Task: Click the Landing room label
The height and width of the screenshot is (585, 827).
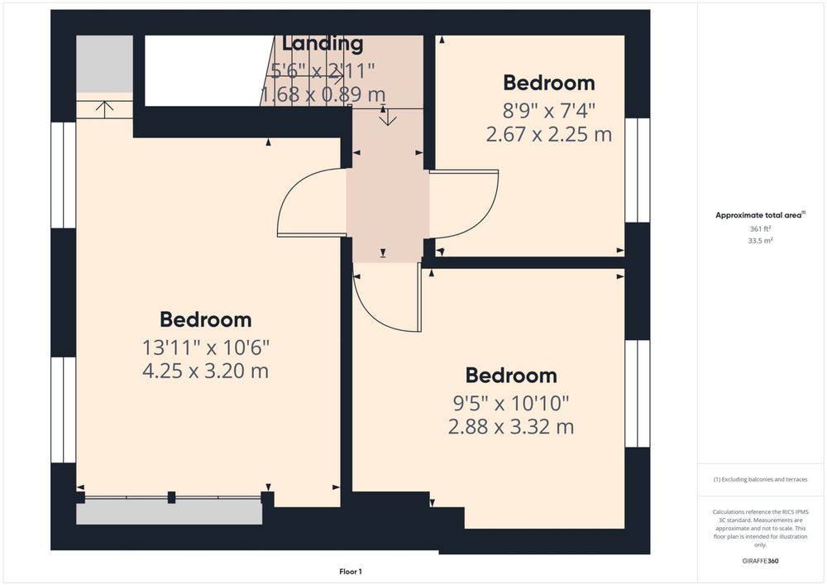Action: [323, 43]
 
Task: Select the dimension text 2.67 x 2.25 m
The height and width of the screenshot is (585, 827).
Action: [548, 135]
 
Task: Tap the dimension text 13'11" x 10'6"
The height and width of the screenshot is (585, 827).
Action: [206, 348]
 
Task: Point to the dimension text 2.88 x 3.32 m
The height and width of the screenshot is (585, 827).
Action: [510, 426]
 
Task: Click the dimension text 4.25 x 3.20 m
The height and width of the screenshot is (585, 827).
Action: [205, 371]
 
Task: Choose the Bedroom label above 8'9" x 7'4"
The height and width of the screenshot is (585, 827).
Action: [548, 83]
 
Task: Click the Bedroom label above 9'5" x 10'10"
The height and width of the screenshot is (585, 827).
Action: [510, 376]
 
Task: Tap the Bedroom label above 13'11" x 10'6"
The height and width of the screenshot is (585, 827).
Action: [205, 319]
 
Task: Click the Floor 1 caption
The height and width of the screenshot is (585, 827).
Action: [350, 571]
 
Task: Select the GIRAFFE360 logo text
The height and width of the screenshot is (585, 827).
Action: [760, 561]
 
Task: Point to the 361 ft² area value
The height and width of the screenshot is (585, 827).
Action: [761, 229]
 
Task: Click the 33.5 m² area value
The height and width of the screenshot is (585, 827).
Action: [761, 241]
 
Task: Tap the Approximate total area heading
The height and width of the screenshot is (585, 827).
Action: [760, 215]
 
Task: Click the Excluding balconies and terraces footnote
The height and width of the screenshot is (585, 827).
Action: [760, 479]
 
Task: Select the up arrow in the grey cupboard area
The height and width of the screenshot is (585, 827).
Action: [105, 109]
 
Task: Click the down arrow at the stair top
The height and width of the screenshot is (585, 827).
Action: [388, 117]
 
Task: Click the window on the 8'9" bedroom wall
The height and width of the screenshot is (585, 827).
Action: [637, 170]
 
